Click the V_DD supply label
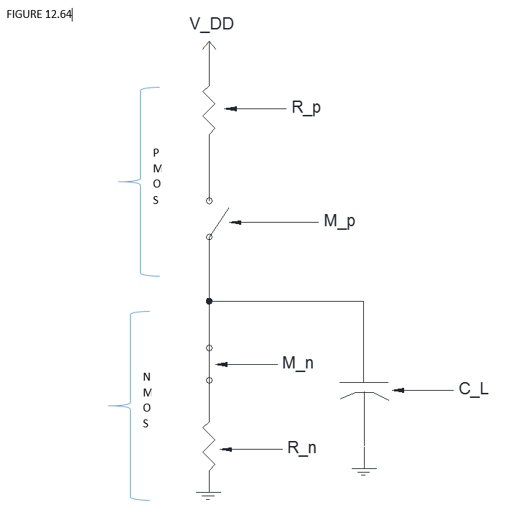(x=211, y=24)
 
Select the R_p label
(x=306, y=108)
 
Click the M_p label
(x=339, y=222)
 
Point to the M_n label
(x=297, y=364)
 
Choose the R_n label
(x=302, y=449)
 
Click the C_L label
(x=473, y=390)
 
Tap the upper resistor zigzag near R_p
(x=209, y=109)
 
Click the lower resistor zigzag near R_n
(x=209, y=445)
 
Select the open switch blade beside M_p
(x=219, y=223)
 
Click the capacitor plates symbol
(x=364, y=389)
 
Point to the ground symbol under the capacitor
(x=364, y=471)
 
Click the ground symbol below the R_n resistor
(x=209, y=494)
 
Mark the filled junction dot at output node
(x=209, y=302)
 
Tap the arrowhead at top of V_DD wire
(x=209, y=45)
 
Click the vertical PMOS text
(x=157, y=177)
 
